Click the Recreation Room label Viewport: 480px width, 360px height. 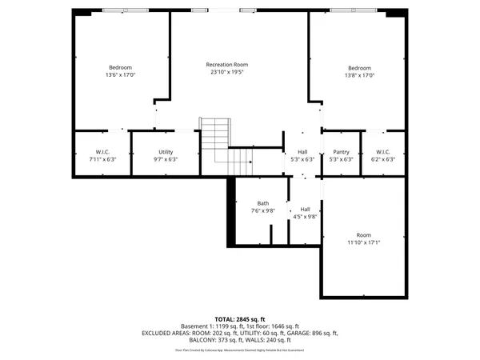226,64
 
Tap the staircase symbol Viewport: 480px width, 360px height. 226,148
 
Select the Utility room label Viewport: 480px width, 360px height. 166,151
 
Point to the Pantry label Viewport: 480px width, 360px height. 341,151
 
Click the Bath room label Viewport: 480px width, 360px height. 263,203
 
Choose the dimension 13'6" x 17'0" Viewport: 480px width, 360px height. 121,75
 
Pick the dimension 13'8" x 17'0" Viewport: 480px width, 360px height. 360,75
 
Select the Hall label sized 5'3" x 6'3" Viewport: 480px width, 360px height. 302,151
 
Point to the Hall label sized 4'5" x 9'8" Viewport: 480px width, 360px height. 305,209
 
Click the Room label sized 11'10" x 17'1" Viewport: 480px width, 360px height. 363,234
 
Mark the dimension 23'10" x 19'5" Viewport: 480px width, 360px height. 226,72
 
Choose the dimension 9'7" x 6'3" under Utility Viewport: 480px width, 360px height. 166,159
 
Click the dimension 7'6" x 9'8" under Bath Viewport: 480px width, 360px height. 263,211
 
